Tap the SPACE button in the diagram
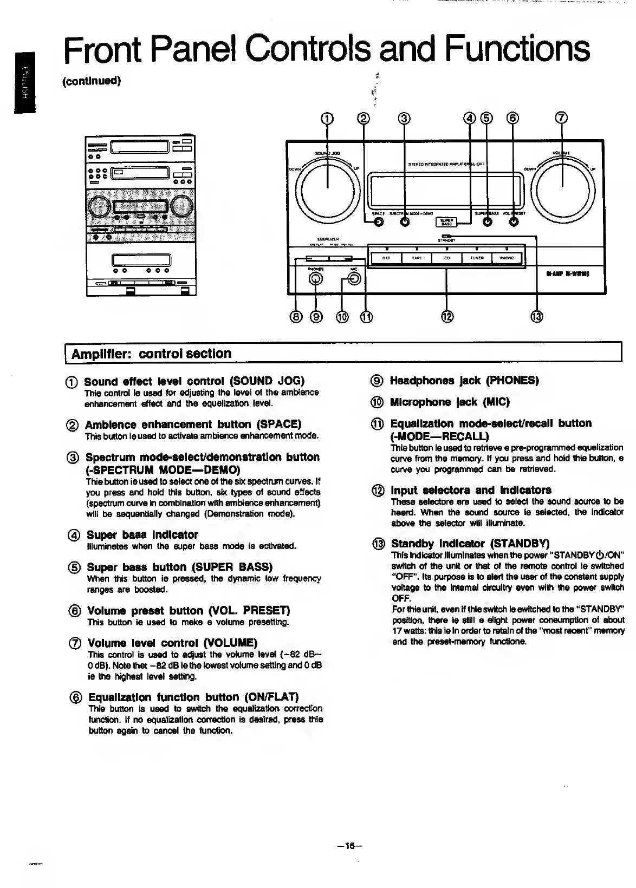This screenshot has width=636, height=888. (378, 225)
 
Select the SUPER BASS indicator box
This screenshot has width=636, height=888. (446, 223)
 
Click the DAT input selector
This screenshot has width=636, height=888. (387, 258)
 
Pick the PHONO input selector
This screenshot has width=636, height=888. (507, 258)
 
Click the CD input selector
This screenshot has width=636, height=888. (447, 258)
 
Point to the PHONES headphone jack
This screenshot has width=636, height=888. (316, 279)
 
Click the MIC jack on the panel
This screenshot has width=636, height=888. (354, 279)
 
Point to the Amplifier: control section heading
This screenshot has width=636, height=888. (152, 354)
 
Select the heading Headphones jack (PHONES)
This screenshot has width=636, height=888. (464, 380)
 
